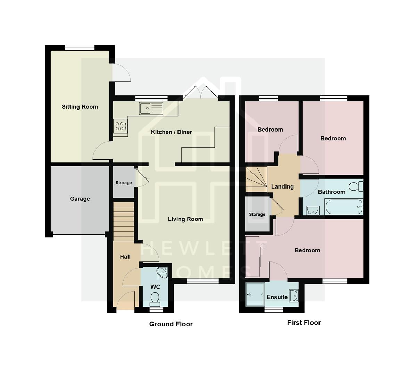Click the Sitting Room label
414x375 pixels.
[x=80, y=107]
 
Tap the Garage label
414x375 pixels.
[x=80, y=199]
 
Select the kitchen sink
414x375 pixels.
[x=151, y=108]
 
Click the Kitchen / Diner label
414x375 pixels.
[x=171, y=132]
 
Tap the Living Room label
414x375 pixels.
[x=185, y=219]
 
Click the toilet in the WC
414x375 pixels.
[x=155, y=298]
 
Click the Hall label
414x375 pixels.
[x=125, y=257]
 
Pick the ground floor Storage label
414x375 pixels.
[x=124, y=183]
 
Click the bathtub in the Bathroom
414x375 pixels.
[x=344, y=207]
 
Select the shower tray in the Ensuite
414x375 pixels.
[x=255, y=294]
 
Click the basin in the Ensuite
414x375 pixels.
[x=294, y=295]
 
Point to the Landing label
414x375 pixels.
[x=282, y=186]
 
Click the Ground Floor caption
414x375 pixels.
[x=171, y=324]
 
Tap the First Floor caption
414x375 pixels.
[x=304, y=323]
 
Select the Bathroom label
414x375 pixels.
[x=332, y=192]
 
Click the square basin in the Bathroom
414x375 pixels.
[x=313, y=210]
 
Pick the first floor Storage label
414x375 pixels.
[x=257, y=214]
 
